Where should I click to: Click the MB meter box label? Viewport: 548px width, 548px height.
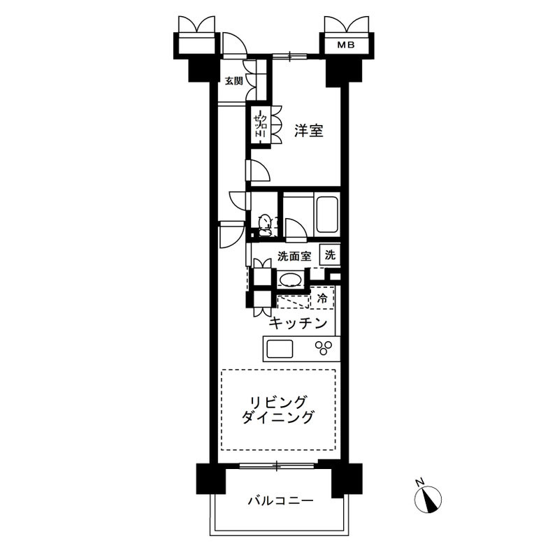point(346,45)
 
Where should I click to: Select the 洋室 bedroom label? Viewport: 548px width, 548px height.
point(308,130)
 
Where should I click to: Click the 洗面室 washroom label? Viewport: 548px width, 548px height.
point(294,256)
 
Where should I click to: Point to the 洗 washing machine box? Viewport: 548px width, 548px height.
point(330,255)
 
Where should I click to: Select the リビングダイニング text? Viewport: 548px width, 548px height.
point(277,410)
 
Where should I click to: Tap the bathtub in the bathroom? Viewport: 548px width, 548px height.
point(327,215)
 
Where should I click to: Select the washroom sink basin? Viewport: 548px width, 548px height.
point(290,281)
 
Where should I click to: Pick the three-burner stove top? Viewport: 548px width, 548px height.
point(324,347)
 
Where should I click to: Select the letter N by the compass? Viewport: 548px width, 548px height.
point(417,482)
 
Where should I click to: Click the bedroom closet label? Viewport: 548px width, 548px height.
point(258,126)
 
